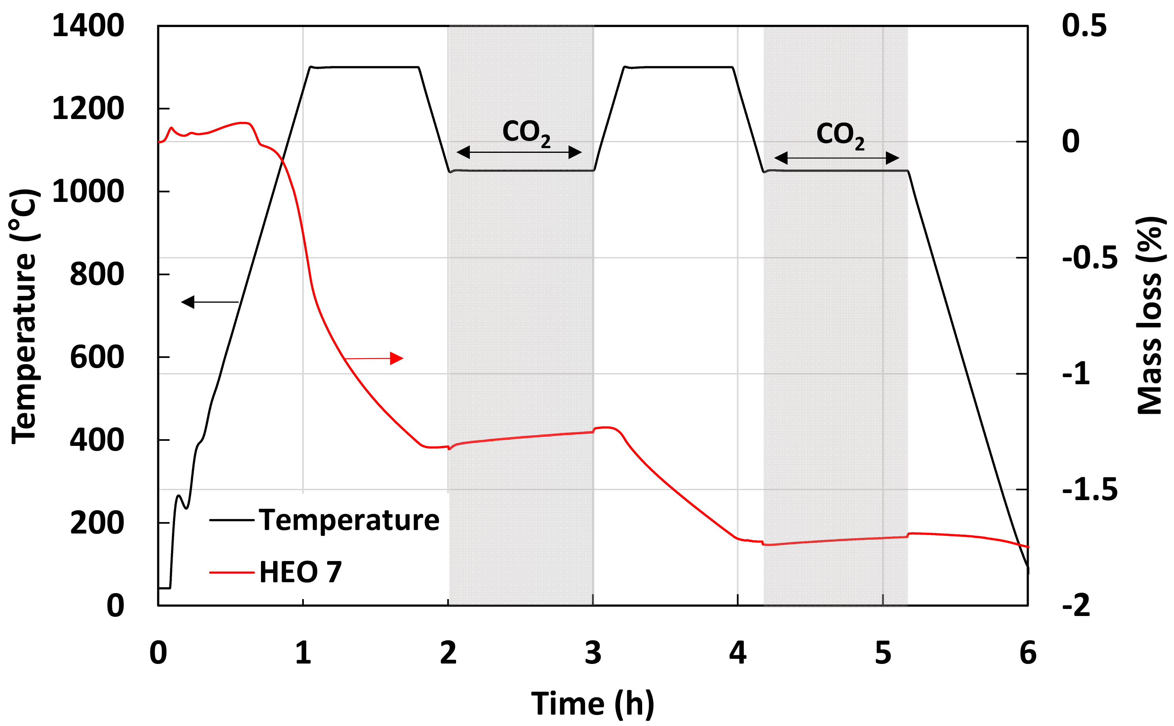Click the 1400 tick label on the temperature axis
tap(88, 26)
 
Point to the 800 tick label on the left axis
tap(97, 275)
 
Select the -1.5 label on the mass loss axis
tap(1090, 490)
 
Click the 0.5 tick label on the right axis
tap(1084, 26)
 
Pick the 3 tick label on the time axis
tap(593, 653)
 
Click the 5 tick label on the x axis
tap(883, 653)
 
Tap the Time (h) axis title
tap(593, 704)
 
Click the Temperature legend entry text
tap(349, 520)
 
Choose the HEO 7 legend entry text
tap(300, 572)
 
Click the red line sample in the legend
tap(232, 572)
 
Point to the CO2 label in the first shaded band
tap(526, 132)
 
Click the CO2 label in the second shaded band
tap(840, 134)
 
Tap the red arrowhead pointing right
tap(396, 358)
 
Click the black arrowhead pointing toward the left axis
tap(188, 302)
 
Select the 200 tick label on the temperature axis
tap(97, 523)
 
